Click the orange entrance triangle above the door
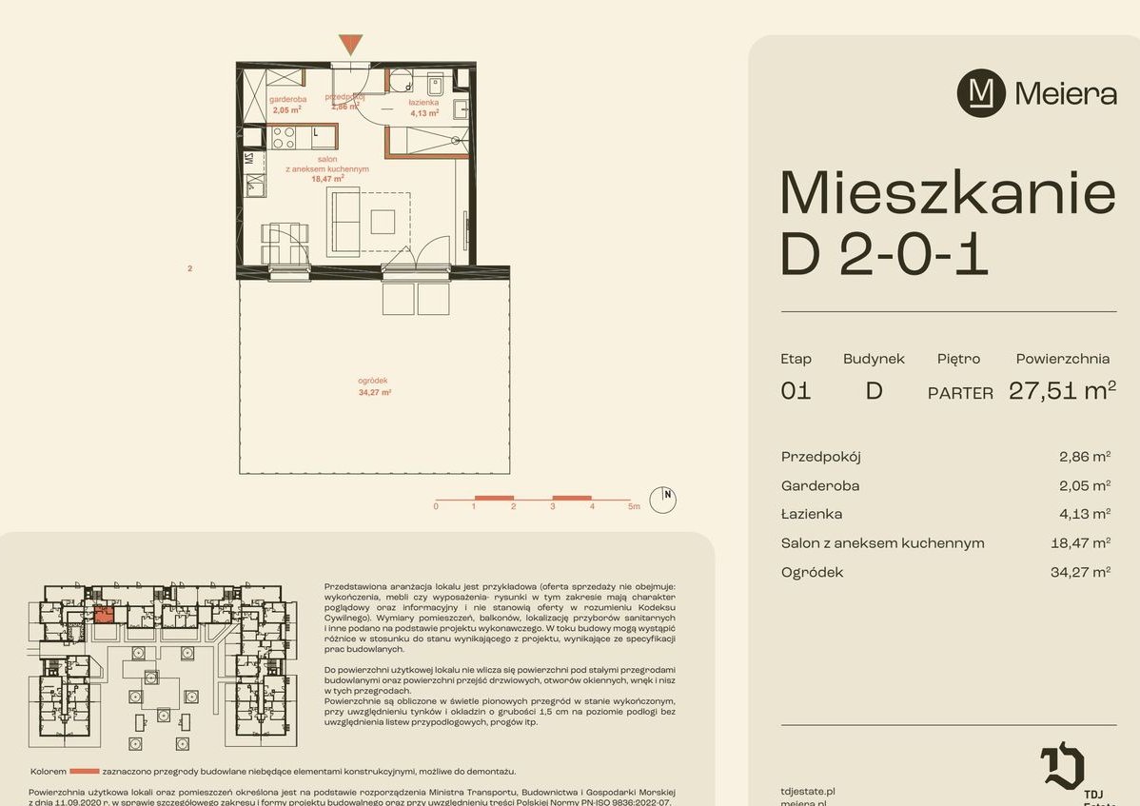(x=350, y=43)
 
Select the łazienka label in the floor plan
(x=423, y=102)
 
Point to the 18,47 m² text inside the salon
(x=327, y=178)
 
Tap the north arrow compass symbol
(x=662, y=499)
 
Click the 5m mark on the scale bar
(x=634, y=507)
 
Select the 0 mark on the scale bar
(x=435, y=507)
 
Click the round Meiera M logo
(x=981, y=93)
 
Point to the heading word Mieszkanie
(x=947, y=193)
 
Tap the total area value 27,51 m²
(x=1062, y=390)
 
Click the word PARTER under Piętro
(x=960, y=393)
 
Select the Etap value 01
(x=796, y=390)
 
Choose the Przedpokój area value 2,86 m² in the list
(x=1085, y=457)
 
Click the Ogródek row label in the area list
(x=812, y=572)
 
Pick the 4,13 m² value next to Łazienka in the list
(x=1085, y=514)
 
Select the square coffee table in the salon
(x=383, y=222)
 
